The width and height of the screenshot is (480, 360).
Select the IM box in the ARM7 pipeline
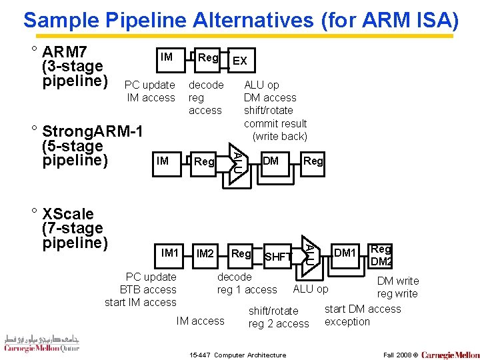pyautogui.click(x=167, y=57)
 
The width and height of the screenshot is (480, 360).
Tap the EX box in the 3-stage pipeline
pyautogui.click(x=239, y=61)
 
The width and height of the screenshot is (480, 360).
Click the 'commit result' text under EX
pyautogui.click(x=275, y=123)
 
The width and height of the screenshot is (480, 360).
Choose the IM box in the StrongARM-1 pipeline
pyautogui.click(x=162, y=161)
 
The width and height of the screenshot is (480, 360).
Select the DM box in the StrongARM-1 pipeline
pyautogui.click(x=271, y=161)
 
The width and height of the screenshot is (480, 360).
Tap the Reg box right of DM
pyautogui.click(x=313, y=161)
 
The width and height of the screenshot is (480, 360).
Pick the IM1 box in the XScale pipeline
pyautogui.click(x=170, y=253)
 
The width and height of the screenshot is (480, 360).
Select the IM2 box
pyautogui.click(x=205, y=253)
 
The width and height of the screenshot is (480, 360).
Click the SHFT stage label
pyautogui.click(x=278, y=257)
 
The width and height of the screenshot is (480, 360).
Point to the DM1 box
pyautogui.click(x=345, y=252)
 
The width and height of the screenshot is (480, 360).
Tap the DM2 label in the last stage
pyautogui.click(x=381, y=261)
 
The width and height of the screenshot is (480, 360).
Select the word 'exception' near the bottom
pyautogui.click(x=347, y=321)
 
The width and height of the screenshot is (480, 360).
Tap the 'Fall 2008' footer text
pyautogui.click(x=399, y=355)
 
